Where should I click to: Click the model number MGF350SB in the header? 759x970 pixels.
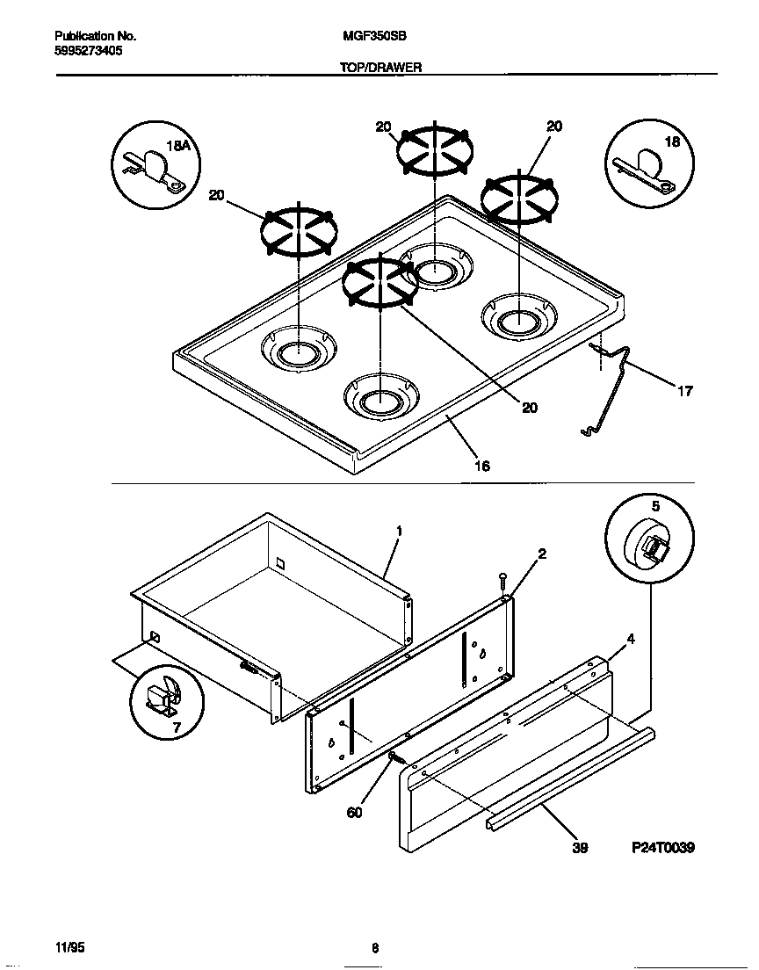tap(373, 37)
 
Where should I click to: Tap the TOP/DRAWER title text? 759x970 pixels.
tap(381, 67)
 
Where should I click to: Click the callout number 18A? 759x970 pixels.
tap(178, 146)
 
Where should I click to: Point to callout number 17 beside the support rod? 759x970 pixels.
tap(684, 392)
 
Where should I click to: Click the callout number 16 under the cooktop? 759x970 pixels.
tap(482, 466)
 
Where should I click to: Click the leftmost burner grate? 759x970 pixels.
tap(298, 234)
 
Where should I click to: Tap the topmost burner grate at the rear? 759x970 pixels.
tap(434, 152)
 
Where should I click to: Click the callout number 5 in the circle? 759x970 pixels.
tap(654, 507)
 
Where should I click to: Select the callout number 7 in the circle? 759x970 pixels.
tap(176, 728)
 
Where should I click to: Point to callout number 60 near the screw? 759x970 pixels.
tap(354, 813)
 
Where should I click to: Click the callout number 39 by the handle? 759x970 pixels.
tap(579, 848)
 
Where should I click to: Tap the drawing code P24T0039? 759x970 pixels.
tap(662, 848)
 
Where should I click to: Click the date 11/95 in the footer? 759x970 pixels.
tap(70, 948)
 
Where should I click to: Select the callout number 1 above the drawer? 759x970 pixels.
tap(399, 532)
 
